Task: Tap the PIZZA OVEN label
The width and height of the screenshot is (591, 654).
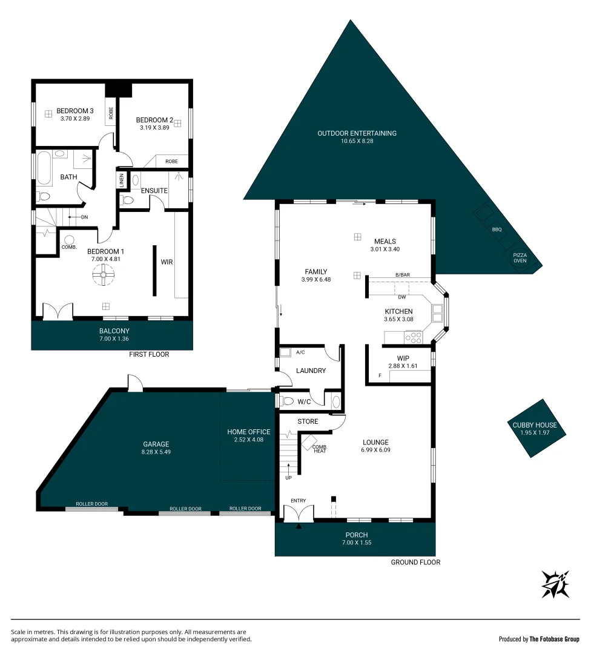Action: pos(520,258)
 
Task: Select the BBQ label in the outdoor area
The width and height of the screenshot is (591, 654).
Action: pos(497,230)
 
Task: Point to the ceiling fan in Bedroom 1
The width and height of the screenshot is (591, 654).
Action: pos(103,276)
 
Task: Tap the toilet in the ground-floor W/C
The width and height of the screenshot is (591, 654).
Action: pos(288,400)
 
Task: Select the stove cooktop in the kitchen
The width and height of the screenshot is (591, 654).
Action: pos(414,336)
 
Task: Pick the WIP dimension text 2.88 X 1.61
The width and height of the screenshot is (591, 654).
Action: pos(403,366)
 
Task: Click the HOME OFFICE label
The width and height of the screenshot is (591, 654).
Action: pos(249,432)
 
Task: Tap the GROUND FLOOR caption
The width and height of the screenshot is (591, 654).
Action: pos(415,563)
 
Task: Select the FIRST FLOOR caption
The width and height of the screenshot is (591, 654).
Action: pos(149,354)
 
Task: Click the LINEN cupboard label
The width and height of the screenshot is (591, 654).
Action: pos(121,181)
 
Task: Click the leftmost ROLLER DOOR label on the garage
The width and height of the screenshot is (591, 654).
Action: pos(91,504)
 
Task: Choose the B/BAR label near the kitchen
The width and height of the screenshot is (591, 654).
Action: pos(403,275)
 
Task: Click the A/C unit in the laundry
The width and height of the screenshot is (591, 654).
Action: pos(286,352)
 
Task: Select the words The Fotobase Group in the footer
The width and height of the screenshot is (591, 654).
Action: pos(554,639)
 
